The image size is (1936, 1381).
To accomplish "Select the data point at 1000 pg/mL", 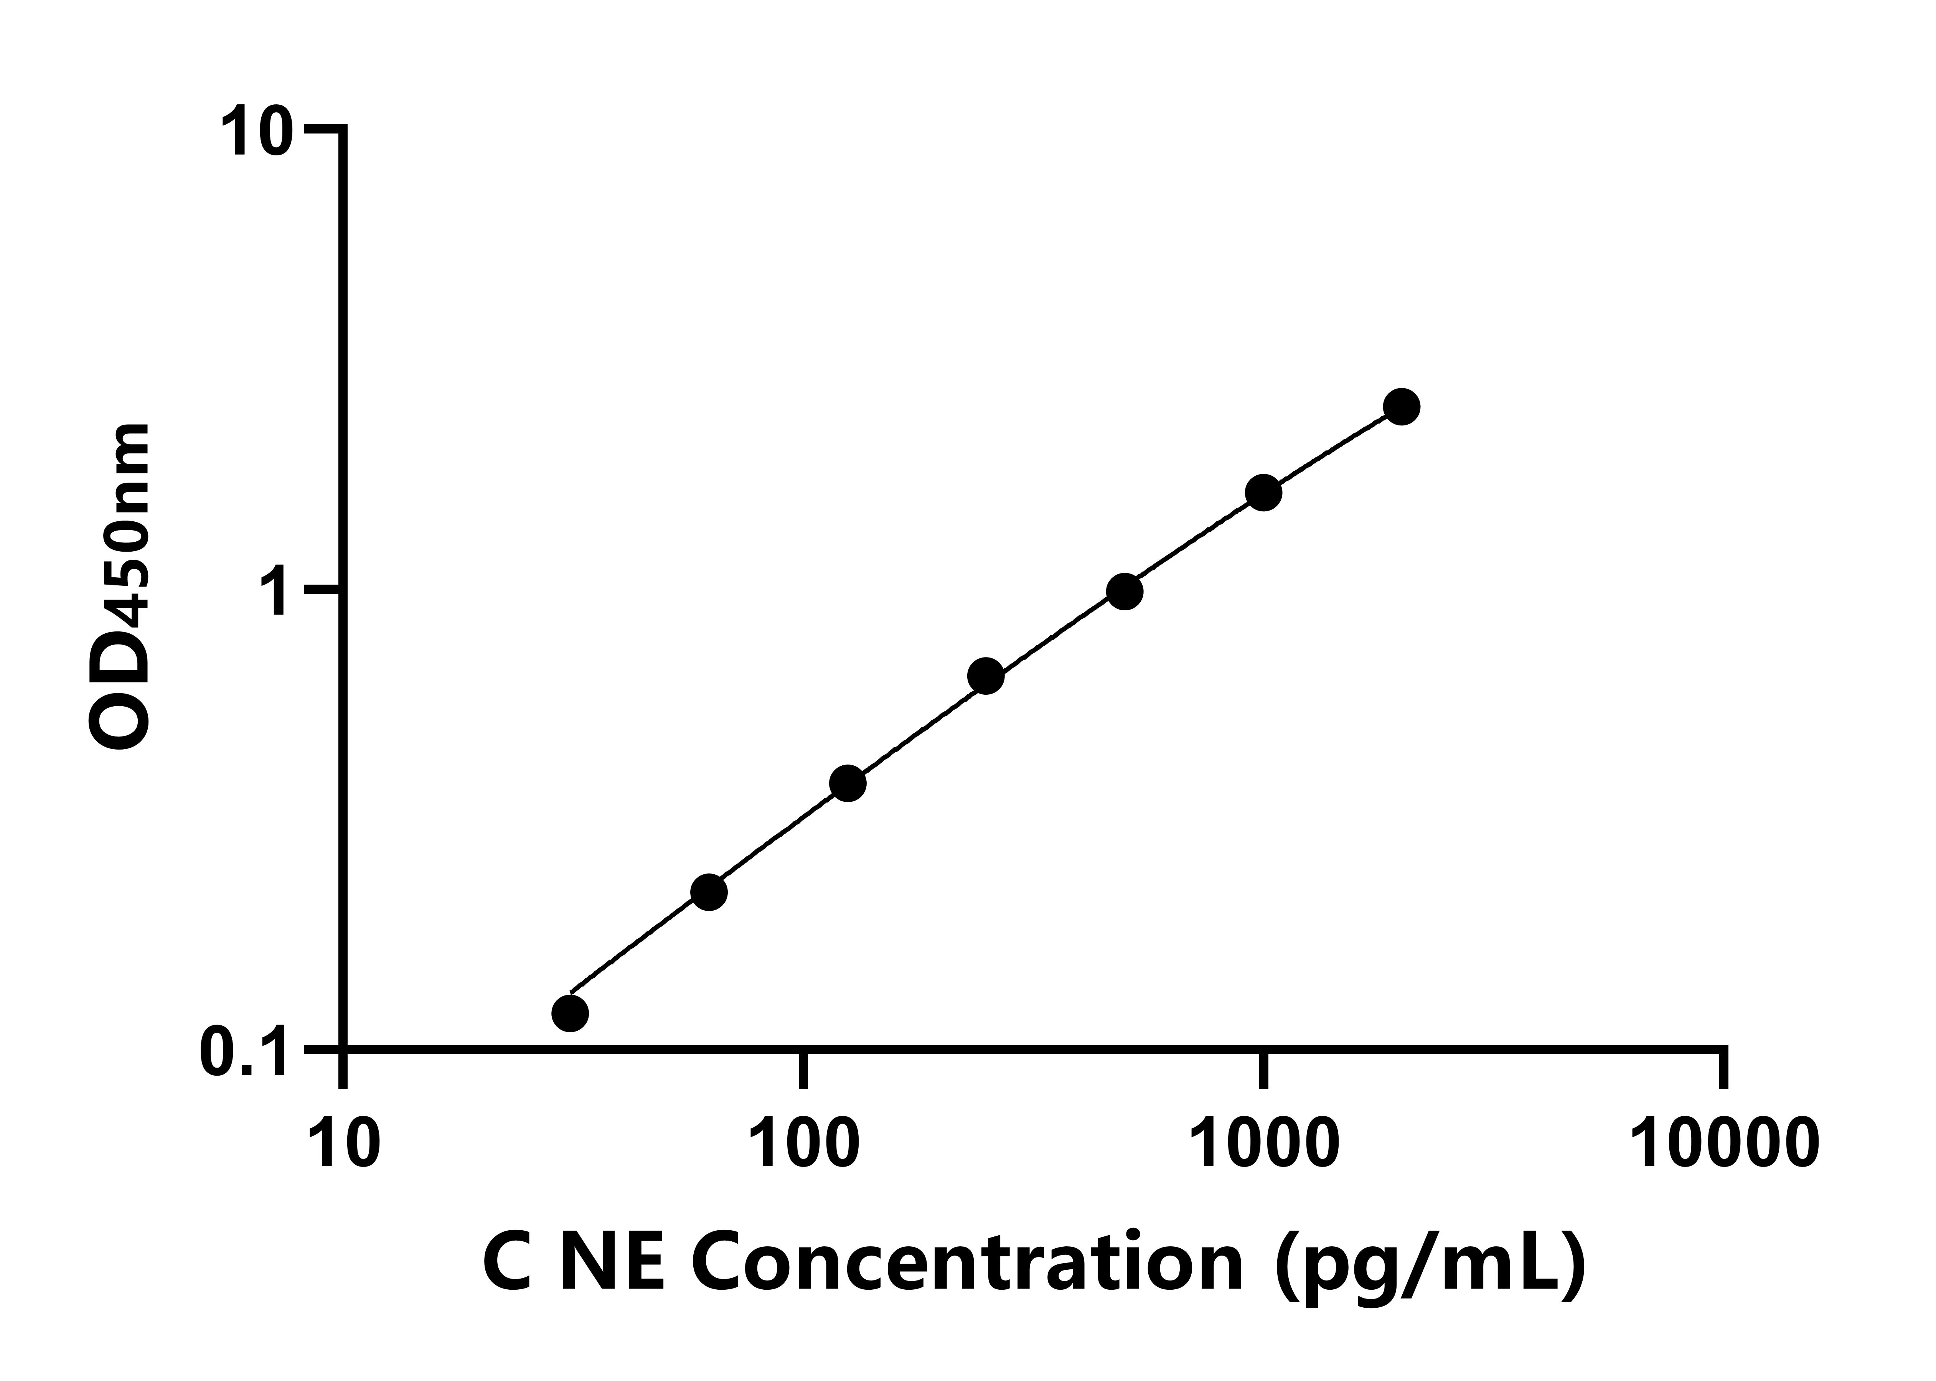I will [1263, 492].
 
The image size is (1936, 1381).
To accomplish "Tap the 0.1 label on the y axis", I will [242, 1052].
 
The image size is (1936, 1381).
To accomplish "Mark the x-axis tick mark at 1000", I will [1263, 1069].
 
